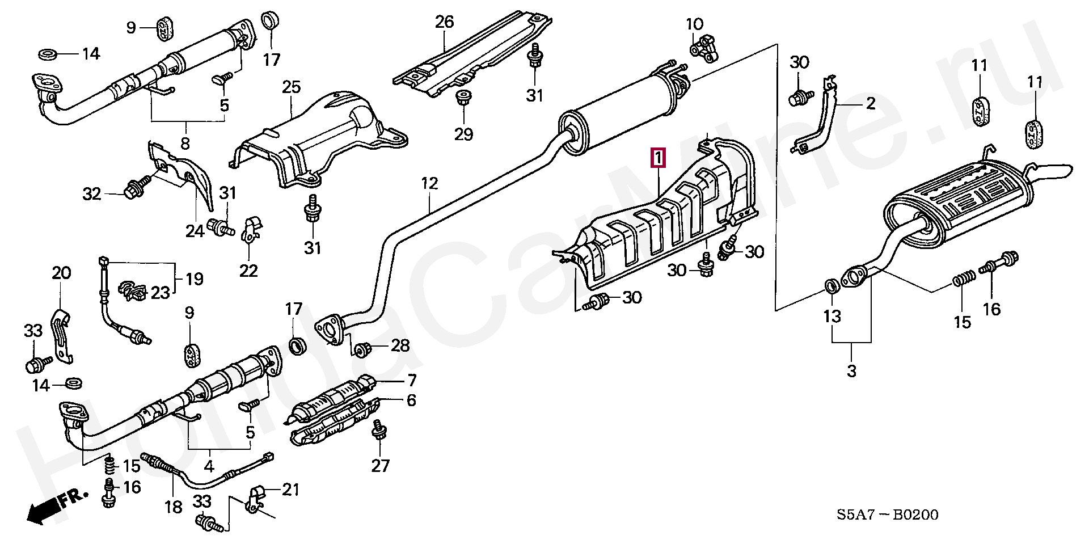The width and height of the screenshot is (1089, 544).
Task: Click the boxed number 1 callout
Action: coord(658,158)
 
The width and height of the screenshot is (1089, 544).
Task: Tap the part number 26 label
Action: coord(445,23)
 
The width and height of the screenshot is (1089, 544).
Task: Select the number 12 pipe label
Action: coord(430,184)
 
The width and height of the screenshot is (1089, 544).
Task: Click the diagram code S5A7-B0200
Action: coord(887,515)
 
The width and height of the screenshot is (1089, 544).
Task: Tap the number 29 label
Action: coord(463,134)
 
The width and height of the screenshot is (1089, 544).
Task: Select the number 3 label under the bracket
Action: coord(851,372)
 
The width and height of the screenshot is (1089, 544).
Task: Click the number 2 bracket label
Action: coord(870,103)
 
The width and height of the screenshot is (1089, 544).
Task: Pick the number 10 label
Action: coord(695,24)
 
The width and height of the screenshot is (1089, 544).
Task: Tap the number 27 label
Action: coord(381,466)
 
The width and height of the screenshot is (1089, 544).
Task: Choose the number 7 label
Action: coord(411,380)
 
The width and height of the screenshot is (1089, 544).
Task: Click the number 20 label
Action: coord(61,273)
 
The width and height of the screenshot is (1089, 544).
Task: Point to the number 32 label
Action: coord(92,195)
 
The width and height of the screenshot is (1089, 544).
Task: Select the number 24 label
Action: coord(194,231)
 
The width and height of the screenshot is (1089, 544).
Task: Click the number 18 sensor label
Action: coord(174,507)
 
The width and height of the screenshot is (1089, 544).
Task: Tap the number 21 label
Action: coord(290,489)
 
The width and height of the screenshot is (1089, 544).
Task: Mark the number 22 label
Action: coord(248,271)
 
